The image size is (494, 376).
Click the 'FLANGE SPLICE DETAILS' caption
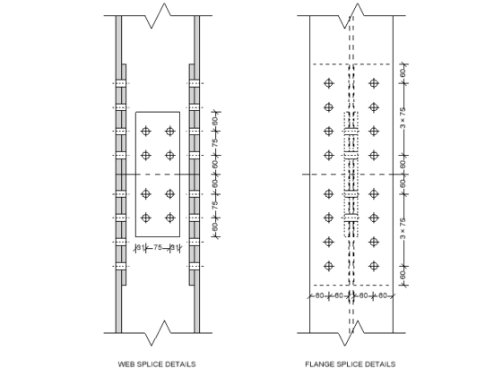click(x=351, y=364)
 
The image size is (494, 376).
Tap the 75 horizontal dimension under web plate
click(x=157, y=248)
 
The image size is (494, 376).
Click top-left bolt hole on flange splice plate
click(x=329, y=83)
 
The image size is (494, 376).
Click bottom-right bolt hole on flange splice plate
click(x=374, y=265)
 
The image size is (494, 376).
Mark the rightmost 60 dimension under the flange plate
click(x=384, y=295)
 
